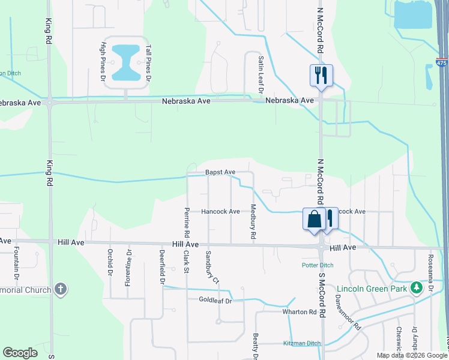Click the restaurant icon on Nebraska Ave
[x=320, y=75]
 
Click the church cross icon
[x=60, y=289]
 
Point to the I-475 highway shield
[x=442, y=62]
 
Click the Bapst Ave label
[x=220, y=172]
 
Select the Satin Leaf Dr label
[x=261, y=76]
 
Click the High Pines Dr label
[x=103, y=61]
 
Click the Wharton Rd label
[x=300, y=312]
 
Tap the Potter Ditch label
[x=317, y=265]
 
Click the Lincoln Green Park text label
[x=372, y=289]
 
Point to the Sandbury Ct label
[x=210, y=266]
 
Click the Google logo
[x=20, y=353]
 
